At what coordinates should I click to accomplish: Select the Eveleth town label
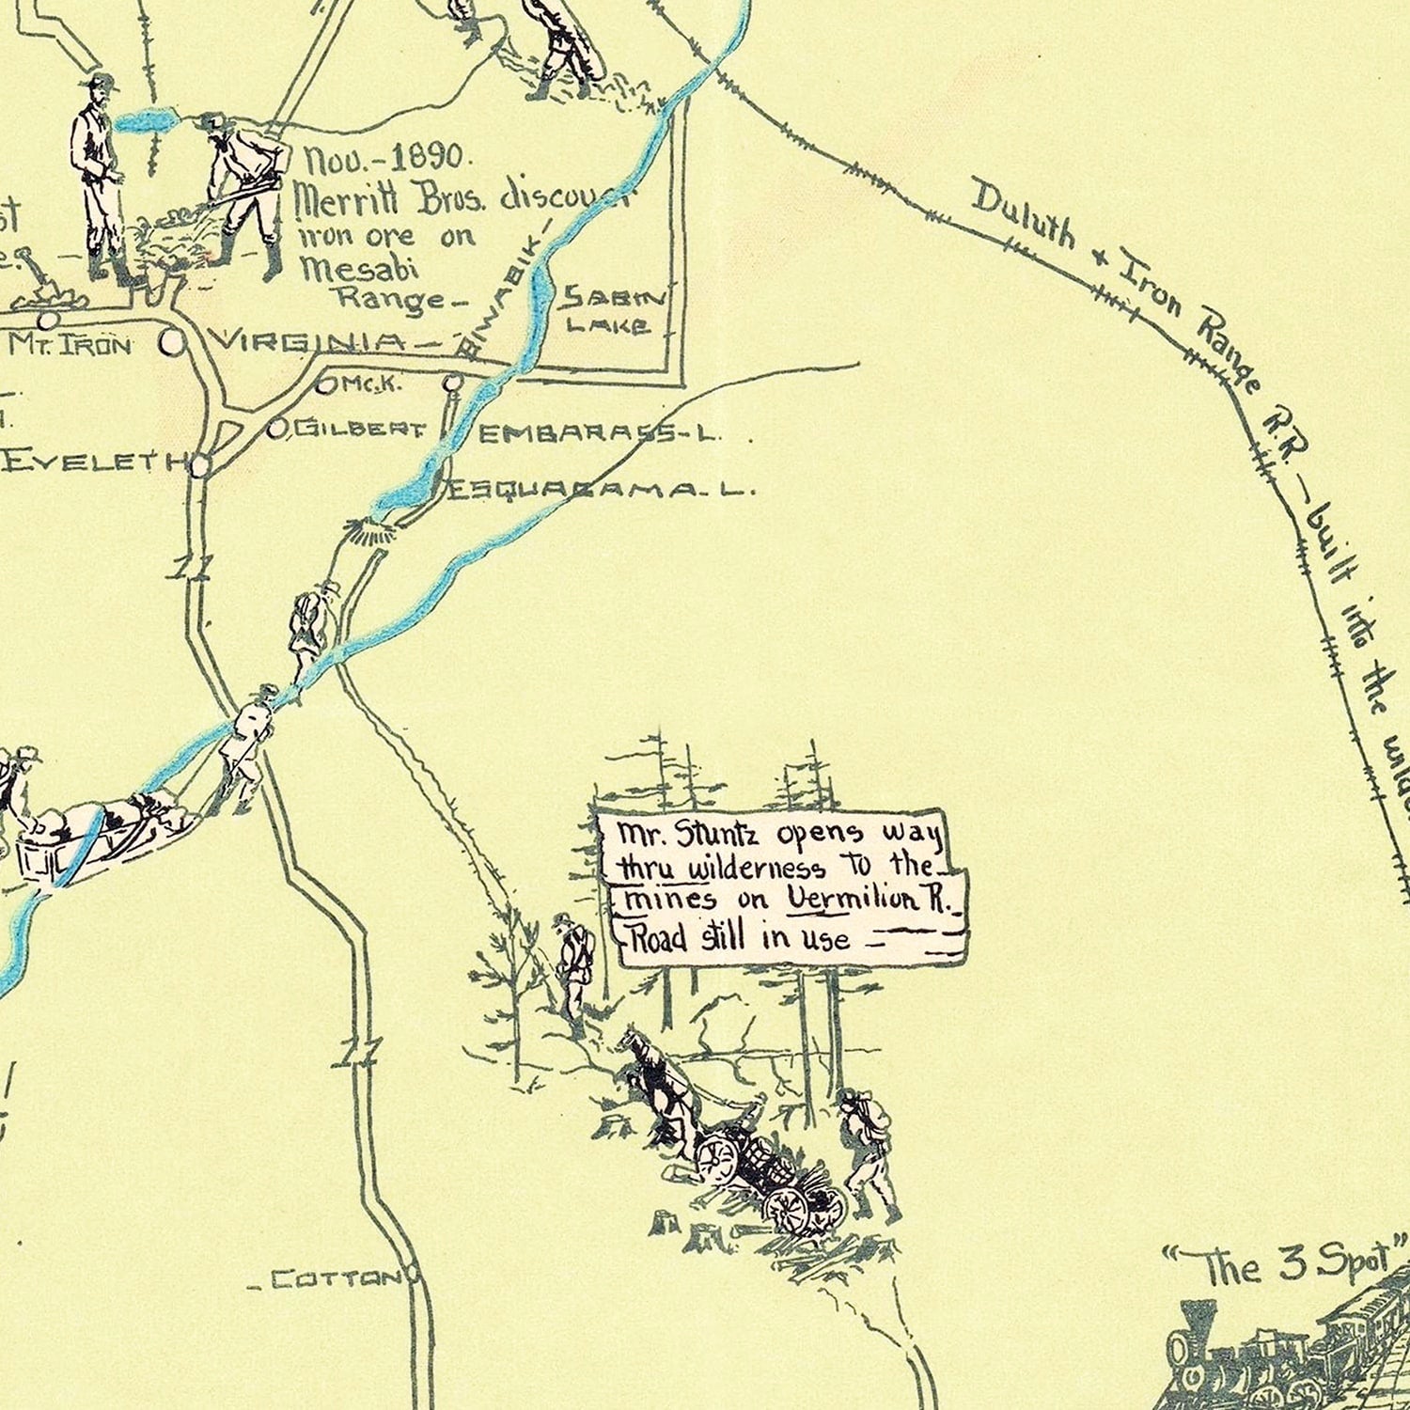point(90,462)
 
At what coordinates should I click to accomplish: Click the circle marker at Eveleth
point(201,464)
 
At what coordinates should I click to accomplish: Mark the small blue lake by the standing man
point(149,122)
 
